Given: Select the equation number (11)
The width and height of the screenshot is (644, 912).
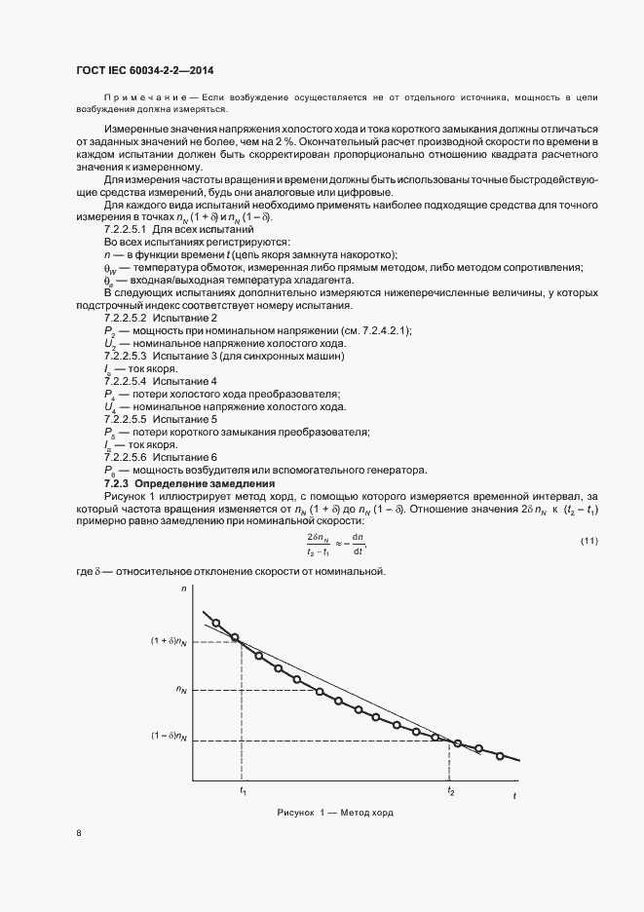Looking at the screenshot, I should point(588,542).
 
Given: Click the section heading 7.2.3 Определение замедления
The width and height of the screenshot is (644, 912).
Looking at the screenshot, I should point(191,483).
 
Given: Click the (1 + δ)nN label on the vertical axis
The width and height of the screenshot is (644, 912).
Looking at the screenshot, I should point(170,640).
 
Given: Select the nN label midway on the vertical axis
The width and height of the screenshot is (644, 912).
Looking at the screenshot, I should point(181,689).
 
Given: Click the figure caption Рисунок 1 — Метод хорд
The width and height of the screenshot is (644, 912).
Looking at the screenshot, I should point(334,813).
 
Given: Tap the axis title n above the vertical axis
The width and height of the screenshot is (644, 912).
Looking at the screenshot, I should point(183,590).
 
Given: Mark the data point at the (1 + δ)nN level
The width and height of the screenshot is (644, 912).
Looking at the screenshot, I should point(236,638).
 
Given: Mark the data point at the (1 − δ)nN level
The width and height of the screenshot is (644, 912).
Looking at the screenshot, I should point(436,738).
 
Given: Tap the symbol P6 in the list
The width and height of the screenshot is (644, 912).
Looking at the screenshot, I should point(110,469).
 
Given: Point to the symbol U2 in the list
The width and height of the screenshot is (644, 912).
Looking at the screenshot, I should point(110,344).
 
